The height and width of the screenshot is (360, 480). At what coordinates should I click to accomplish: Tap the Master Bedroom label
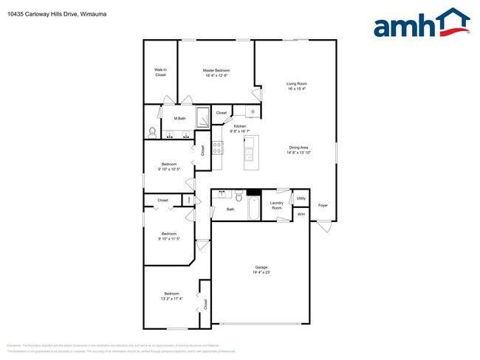(x=215, y=71)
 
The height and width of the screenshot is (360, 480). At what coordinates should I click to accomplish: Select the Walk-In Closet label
(x=160, y=72)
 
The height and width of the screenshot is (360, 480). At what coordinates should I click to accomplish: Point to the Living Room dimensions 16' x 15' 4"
(x=296, y=89)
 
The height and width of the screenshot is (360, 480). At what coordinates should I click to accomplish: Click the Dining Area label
(x=298, y=148)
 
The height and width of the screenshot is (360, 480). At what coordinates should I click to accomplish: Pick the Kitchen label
(x=239, y=126)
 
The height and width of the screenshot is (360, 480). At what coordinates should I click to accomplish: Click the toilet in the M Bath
(x=152, y=132)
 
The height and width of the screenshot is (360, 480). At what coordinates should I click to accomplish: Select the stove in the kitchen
(x=218, y=147)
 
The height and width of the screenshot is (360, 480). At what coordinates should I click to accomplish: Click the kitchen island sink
(x=250, y=154)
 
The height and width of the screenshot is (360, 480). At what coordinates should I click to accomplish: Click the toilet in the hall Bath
(x=239, y=195)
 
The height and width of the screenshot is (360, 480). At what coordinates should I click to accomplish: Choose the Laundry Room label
(x=277, y=205)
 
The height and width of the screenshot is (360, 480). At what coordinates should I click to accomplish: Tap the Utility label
(x=301, y=198)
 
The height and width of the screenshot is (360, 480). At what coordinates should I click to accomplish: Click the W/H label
(x=301, y=214)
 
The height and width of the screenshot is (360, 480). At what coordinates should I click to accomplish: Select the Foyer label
(x=323, y=204)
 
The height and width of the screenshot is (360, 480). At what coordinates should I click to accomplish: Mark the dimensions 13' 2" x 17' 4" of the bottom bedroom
(x=171, y=298)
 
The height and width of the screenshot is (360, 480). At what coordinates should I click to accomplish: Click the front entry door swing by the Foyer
(x=324, y=226)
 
